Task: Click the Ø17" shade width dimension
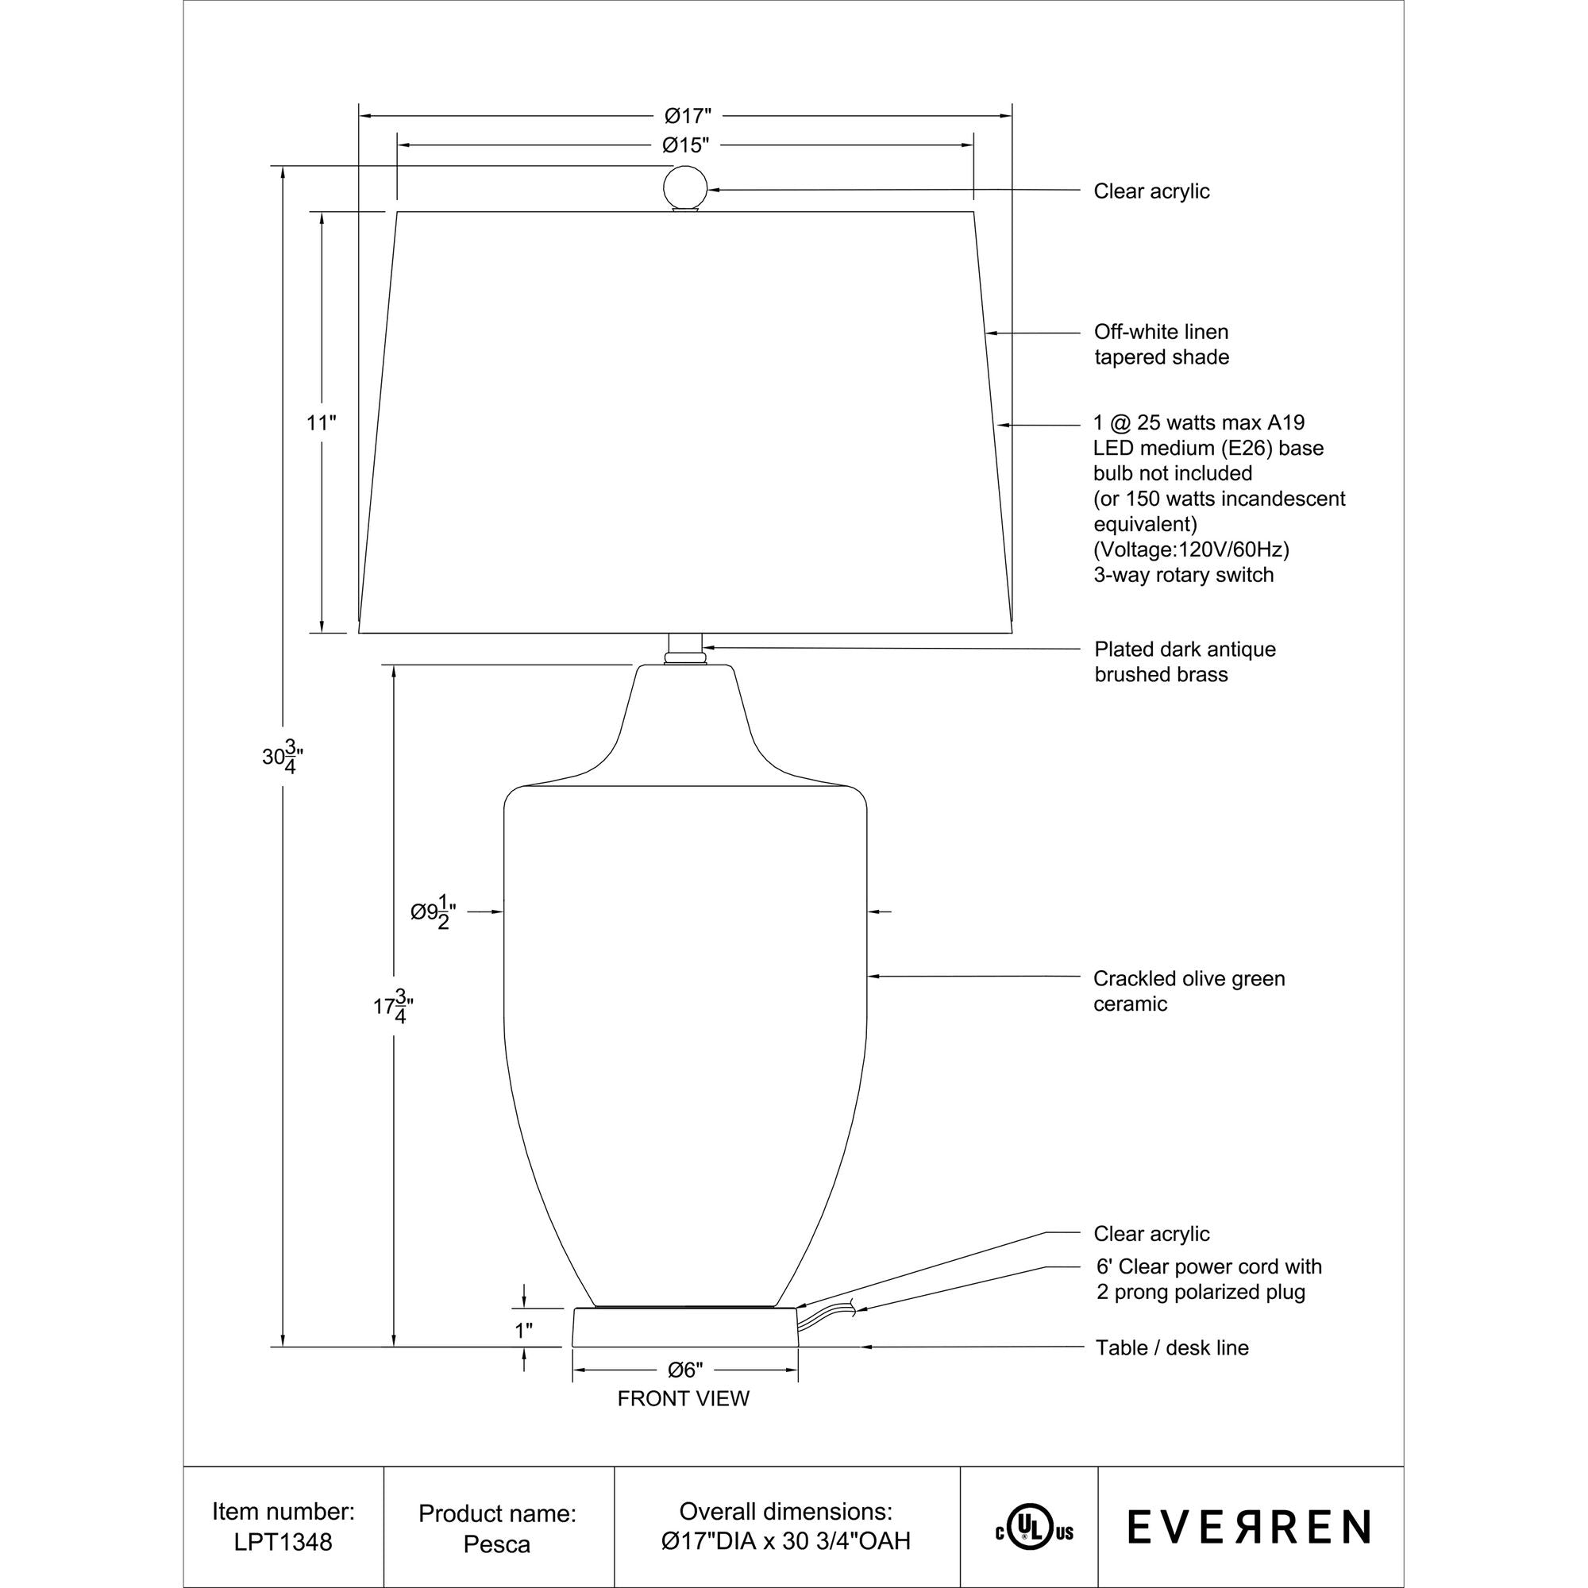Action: [x=687, y=115]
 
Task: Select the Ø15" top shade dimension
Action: [x=685, y=145]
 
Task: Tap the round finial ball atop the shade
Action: [x=684, y=188]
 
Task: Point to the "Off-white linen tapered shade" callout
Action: [x=1161, y=345]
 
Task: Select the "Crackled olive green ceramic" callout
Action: [x=1189, y=990]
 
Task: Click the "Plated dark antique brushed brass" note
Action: [x=1185, y=661]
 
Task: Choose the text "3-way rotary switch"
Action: [x=1183, y=575]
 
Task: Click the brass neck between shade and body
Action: [x=684, y=649]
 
